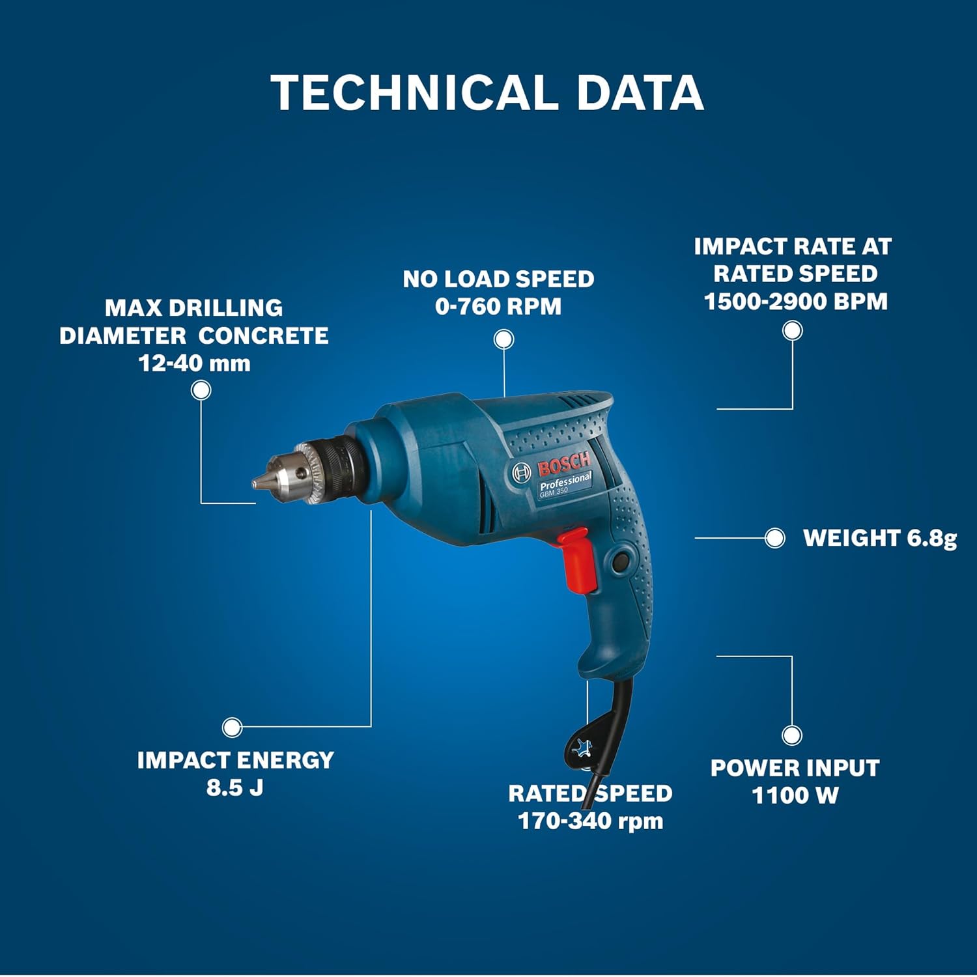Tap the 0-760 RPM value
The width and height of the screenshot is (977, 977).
click(498, 306)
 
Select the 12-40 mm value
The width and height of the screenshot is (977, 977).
click(194, 363)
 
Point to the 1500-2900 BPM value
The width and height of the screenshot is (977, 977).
click(795, 301)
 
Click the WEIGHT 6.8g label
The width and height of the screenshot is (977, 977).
click(880, 538)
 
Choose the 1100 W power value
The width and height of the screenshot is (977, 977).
click(795, 795)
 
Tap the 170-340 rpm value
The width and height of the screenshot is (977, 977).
click(590, 821)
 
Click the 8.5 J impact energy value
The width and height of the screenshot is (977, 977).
click(234, 787)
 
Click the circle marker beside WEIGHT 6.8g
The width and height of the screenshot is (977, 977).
click(774, 538)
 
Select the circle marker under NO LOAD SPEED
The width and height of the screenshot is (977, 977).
click(503, 339)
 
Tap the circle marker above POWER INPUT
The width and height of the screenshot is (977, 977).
click(792, 735)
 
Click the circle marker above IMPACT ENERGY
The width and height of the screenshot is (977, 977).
click(232, 727)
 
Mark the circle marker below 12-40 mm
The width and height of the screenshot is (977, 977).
click(201, 390)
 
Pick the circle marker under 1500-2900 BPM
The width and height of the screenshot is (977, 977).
click(792, 331)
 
